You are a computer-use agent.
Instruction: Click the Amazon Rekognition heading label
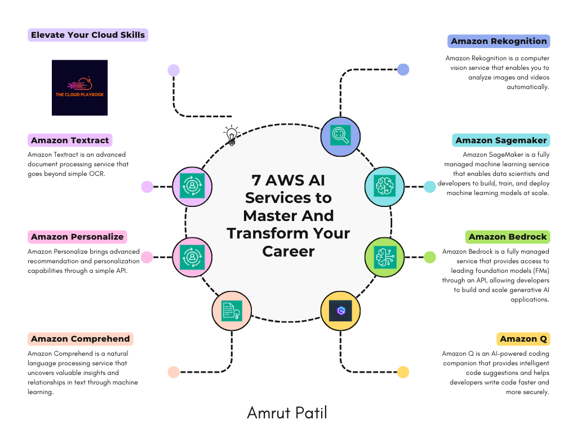tap(499, 41)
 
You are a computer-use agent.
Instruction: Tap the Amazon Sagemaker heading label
tap(501, 140)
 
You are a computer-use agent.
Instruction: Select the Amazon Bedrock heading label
tap(508, 237)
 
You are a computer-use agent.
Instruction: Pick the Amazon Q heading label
tap(523, 339)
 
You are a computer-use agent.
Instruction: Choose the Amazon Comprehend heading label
tap(80, 339)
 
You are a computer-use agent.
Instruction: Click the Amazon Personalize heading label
tap(77, 237)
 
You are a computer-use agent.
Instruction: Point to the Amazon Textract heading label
tap(70, 140)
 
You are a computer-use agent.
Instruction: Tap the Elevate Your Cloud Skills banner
tap(88, 35)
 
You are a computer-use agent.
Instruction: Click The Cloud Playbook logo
tap(80, 87)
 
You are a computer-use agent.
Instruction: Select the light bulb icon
tap(232, 135)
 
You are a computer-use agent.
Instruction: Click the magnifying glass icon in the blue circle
tap(340, 135)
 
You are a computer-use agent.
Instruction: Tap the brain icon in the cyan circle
tap(384, 185)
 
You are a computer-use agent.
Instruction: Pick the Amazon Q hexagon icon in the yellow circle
tap(340, 311)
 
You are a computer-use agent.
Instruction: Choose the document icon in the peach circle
tap(232, 311)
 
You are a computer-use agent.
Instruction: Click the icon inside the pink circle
tap(192, 257)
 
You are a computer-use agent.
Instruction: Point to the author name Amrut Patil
tap(287, 413)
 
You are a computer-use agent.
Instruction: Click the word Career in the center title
tap(288, 251)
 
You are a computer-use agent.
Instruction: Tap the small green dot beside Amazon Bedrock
tap(429, 257)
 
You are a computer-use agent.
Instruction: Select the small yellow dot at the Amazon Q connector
tap(403, 372)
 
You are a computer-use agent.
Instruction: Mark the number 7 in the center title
tap(256, 180)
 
